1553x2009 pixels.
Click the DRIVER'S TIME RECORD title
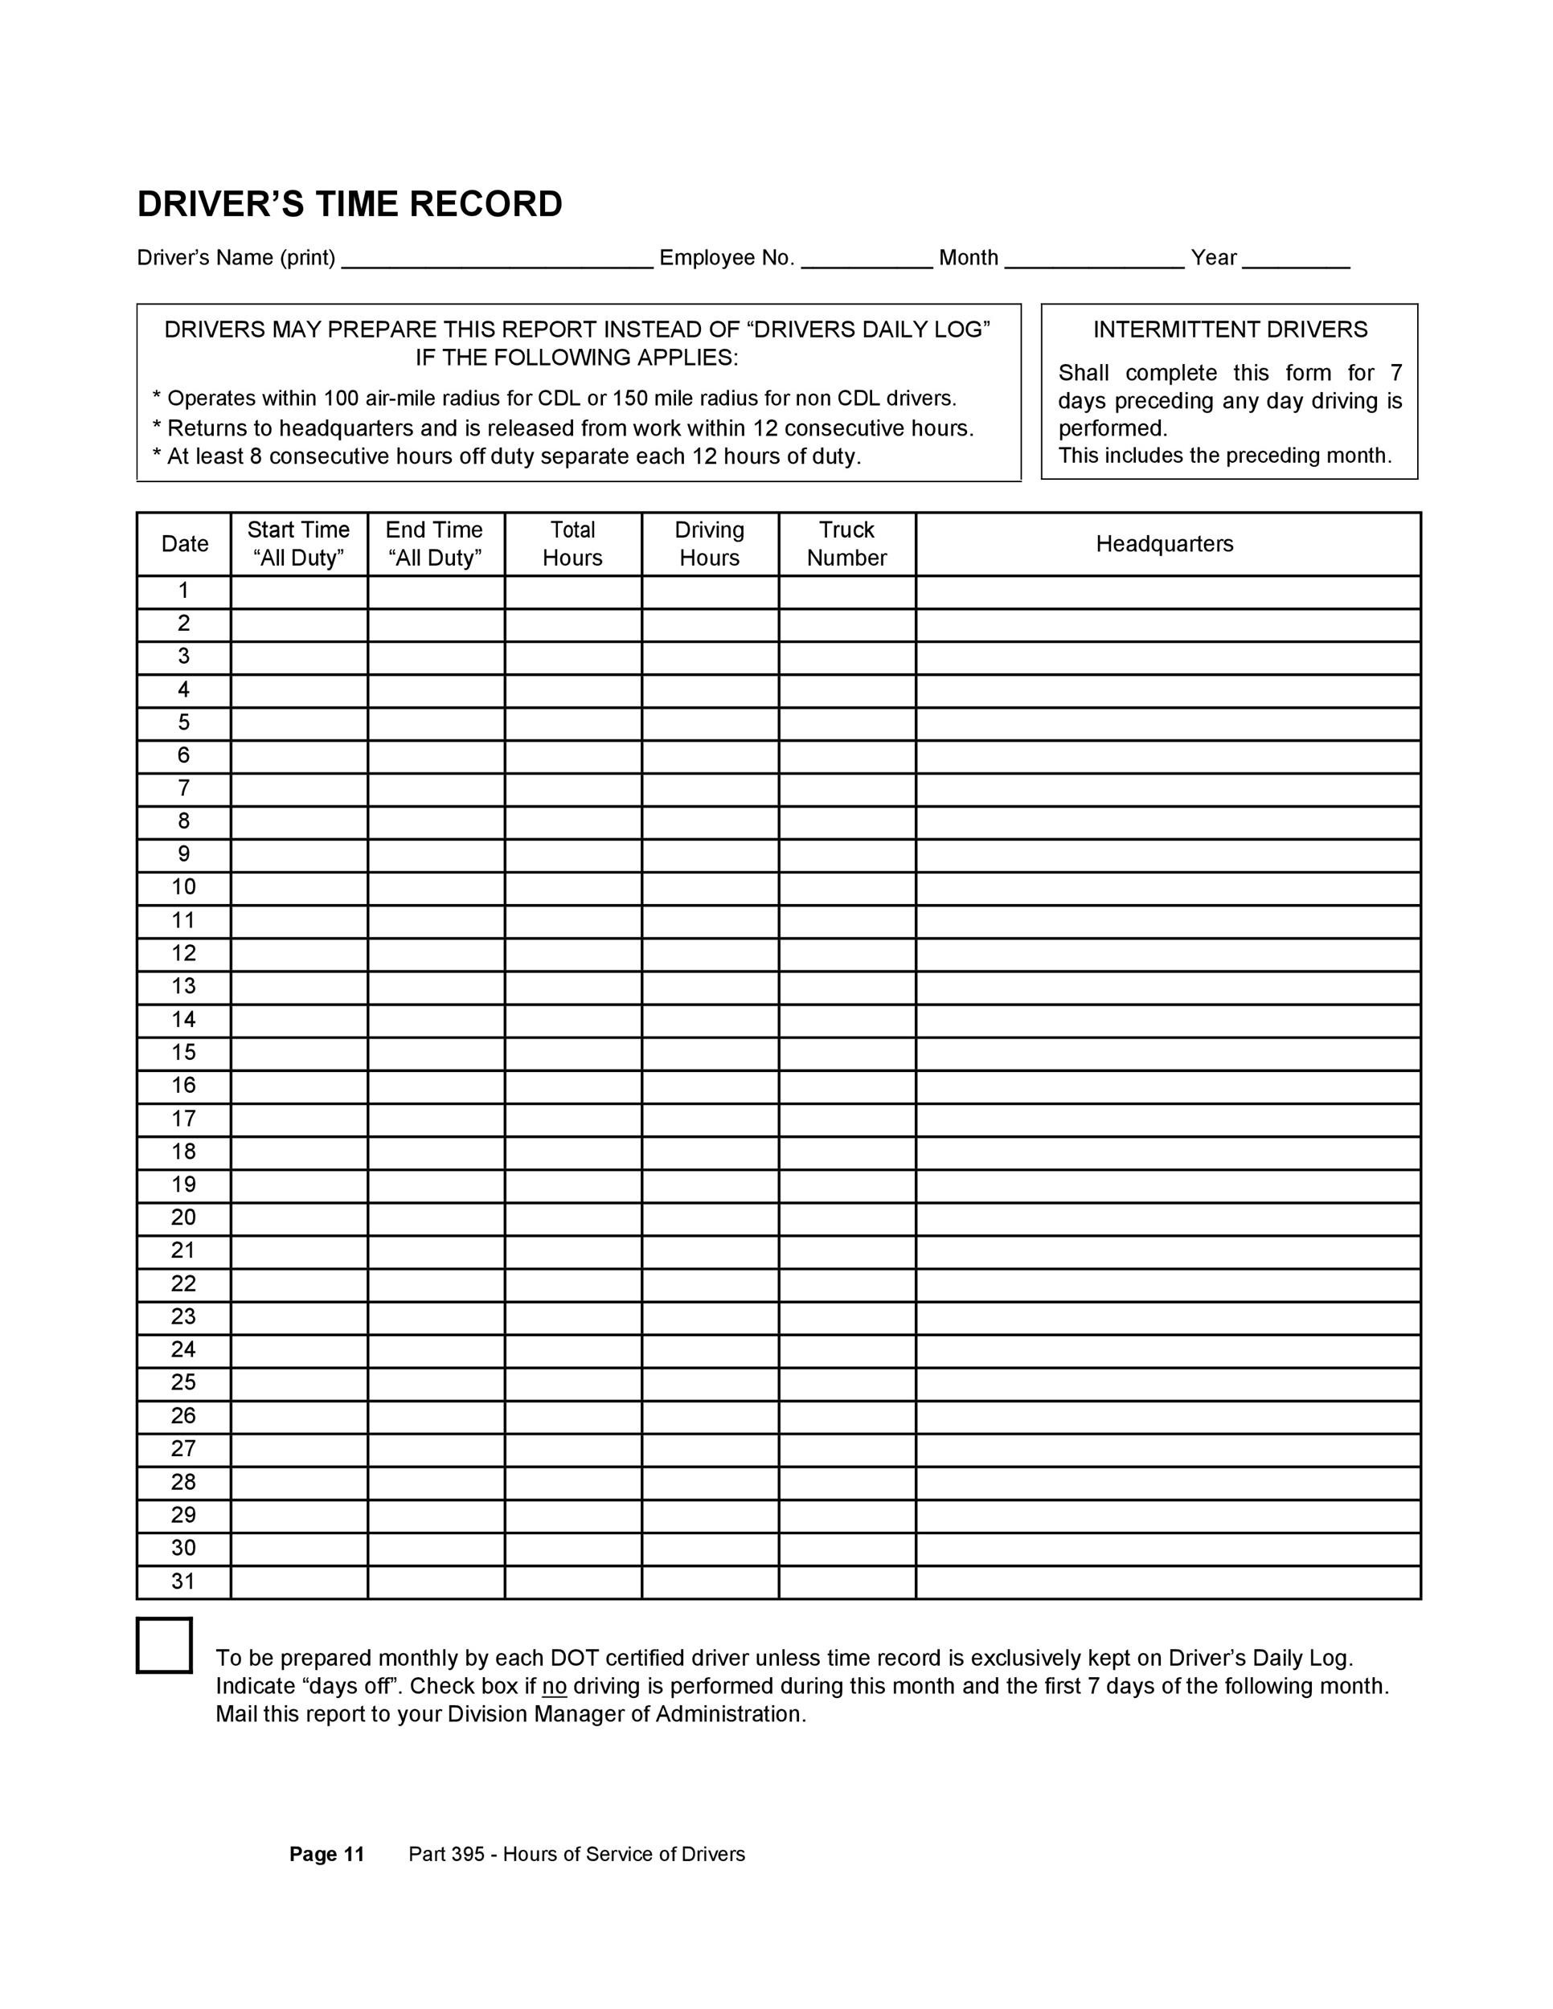point(350,204)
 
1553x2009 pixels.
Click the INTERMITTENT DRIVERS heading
point(1230,329)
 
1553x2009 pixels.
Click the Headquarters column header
point(1164,544)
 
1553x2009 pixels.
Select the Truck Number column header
point(846,544)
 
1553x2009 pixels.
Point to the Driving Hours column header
point(709,544)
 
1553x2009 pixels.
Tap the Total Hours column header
point(572,544)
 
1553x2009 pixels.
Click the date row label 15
point(184,1053)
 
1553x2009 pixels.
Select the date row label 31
point(184,1581)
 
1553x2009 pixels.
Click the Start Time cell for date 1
point(299,591)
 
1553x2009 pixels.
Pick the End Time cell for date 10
point(436,888)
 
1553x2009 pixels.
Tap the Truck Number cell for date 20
point(846,1218)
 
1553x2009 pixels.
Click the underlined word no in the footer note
point(554,1686)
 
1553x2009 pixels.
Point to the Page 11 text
point(326,1855)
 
